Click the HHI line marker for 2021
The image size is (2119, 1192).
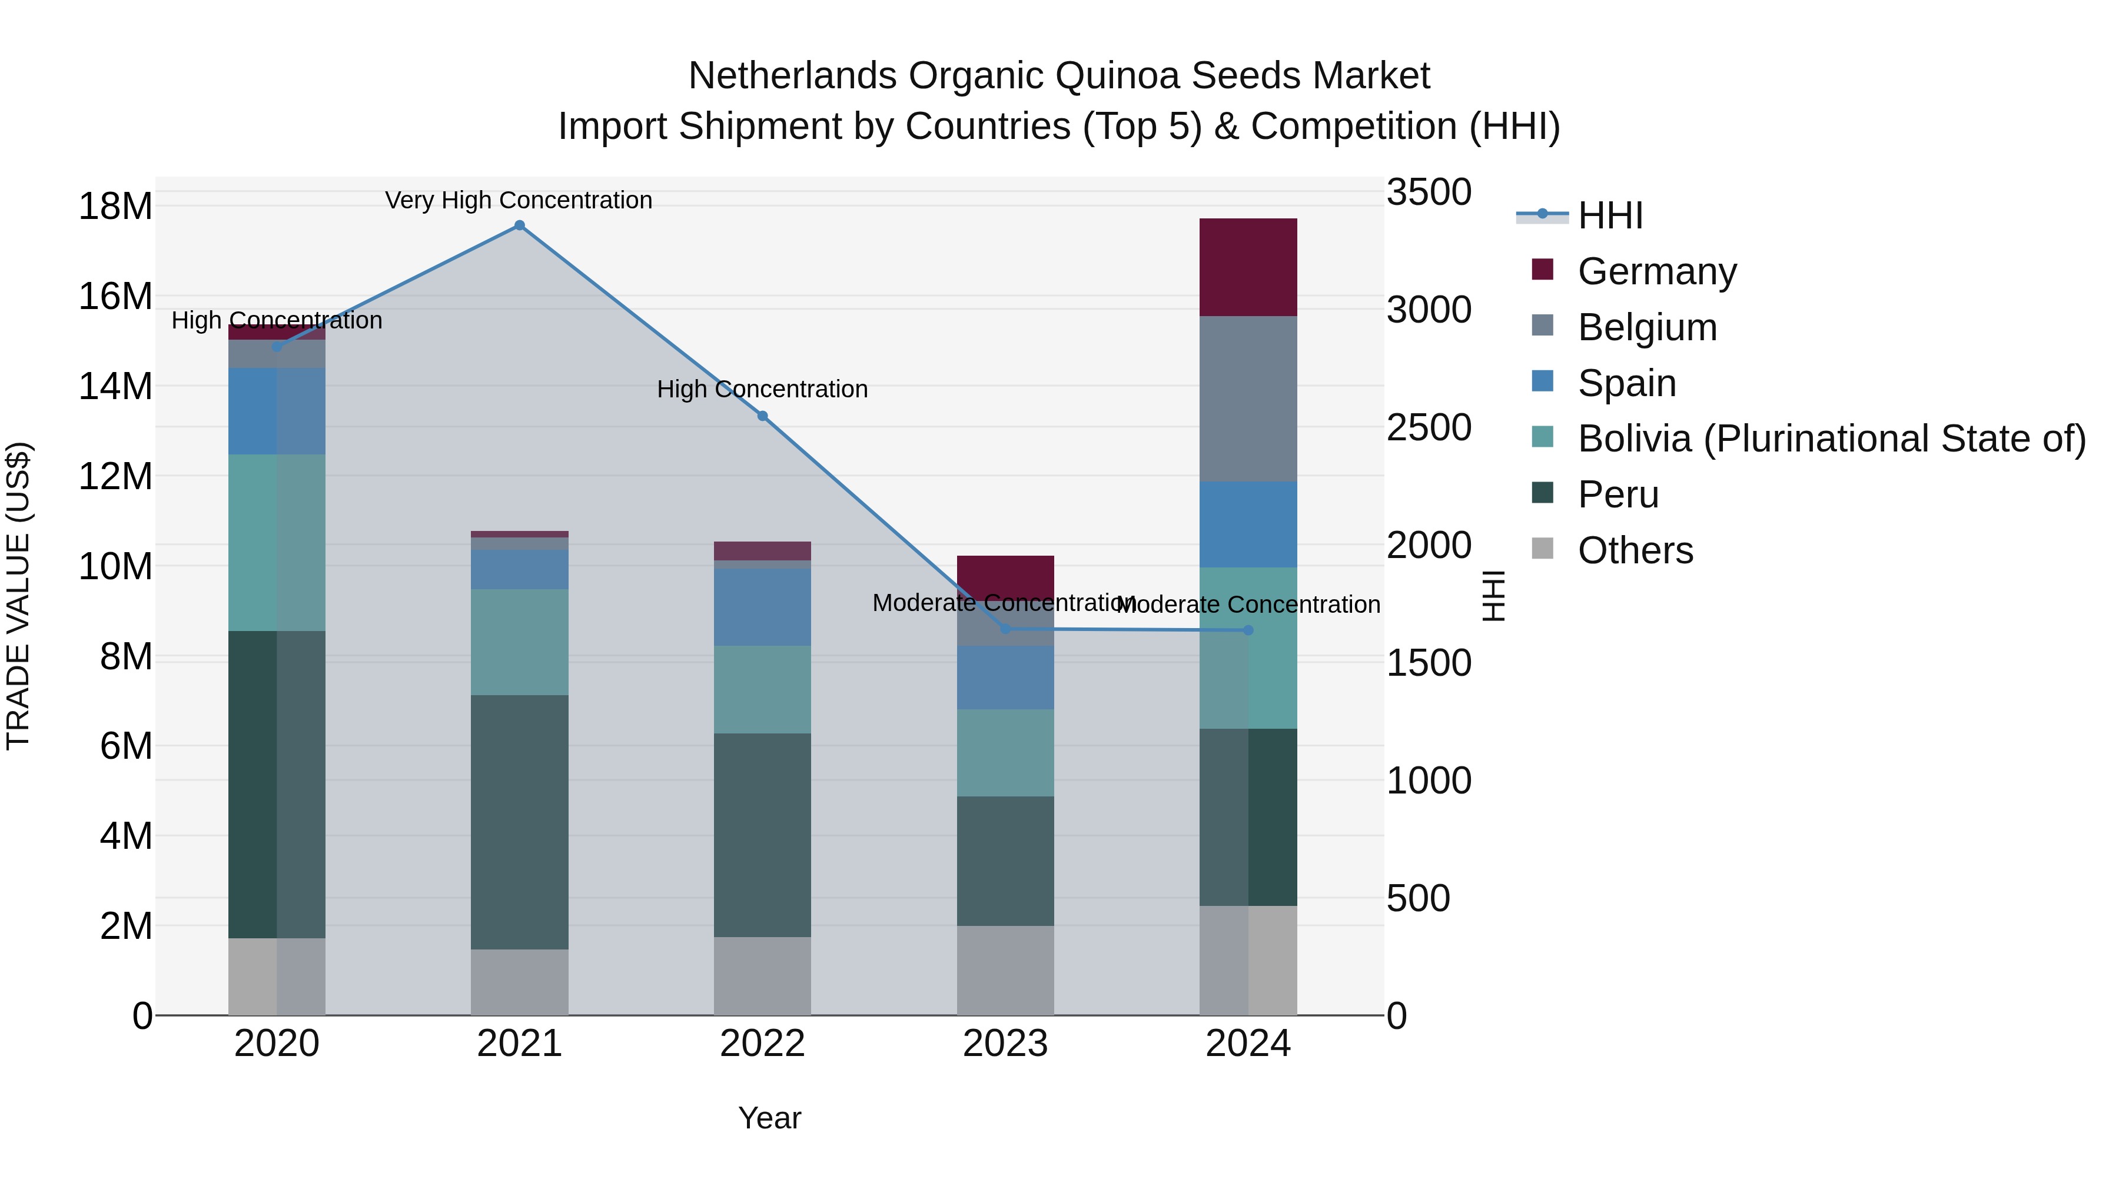pyautogui.click(x=519, y=225)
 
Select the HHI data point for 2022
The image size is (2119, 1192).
pyautogui.click(x=762, y=416)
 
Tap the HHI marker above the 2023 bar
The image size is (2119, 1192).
pyautogui.click(x=1005, y=629)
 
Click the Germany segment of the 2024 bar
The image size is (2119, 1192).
pyautogui.click(x=1248, y=267)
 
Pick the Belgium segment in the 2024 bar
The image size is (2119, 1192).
pyautogui.click(x=1248, y=399)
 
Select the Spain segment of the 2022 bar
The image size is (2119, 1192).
pyautogui.click(x=762, y=607)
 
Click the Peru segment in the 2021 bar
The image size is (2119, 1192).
pyautogui.click(x=519, y=823)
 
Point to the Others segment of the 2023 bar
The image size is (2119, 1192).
pyautogui.click(x=1005, y=971)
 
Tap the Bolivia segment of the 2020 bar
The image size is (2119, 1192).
pyautogui.click(x=277, y=543)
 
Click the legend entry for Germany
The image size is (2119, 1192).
pyautogui.click(x=1657, y=271)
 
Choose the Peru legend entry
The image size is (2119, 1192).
pyautogui.click(x=1618, y=494)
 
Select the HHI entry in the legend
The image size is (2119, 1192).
pyautogui.click(x=1610, y=215)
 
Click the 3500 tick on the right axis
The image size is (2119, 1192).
pyautogui.click(x=1429, y=192)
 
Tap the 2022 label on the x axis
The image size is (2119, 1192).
pyautogui.click(x=762, y=1044)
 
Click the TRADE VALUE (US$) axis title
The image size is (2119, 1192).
pyautogui.click(x=18, y=596)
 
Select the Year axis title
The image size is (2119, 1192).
pyautogui.click(x=769, y=1118)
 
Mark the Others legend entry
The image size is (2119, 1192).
pyautogui.click(x=1635, y=550)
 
